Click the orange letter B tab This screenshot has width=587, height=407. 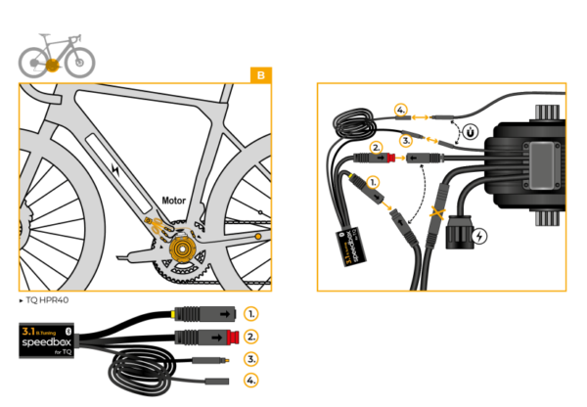tap(261, 74)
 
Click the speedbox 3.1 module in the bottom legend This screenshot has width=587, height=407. tap(50, 338)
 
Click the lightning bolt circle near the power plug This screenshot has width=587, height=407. tap(479, 236)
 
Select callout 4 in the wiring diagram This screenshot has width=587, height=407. tap(399, 110)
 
